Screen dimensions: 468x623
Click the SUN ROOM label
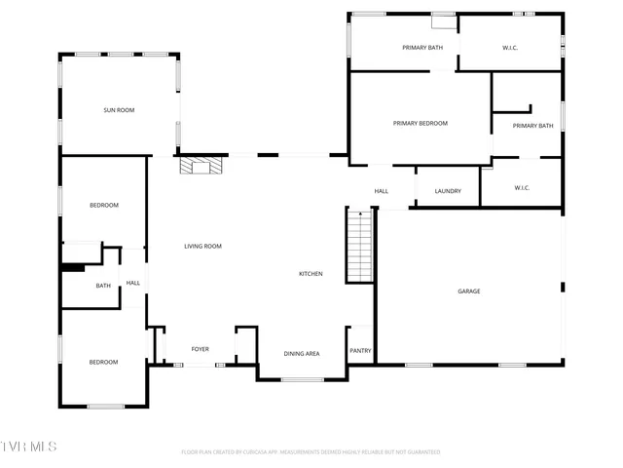119,110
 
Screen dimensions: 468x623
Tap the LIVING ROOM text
203,247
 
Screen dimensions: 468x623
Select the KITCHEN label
311,274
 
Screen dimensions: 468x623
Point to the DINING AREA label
302,354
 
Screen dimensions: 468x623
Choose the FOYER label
200,349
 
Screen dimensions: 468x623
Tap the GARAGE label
469,292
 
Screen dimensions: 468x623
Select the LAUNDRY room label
448,191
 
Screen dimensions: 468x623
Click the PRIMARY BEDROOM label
421,123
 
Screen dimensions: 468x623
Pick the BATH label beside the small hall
103,286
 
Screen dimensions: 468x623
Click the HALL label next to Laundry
382,191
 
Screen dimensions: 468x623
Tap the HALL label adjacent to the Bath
133,284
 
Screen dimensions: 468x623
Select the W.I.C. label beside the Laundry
521,188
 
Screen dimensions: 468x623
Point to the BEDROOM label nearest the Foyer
103,363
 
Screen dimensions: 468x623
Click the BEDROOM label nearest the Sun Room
104,205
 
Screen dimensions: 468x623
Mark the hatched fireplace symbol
200,166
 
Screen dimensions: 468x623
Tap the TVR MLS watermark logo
29,447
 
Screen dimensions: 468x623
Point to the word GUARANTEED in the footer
420,452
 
